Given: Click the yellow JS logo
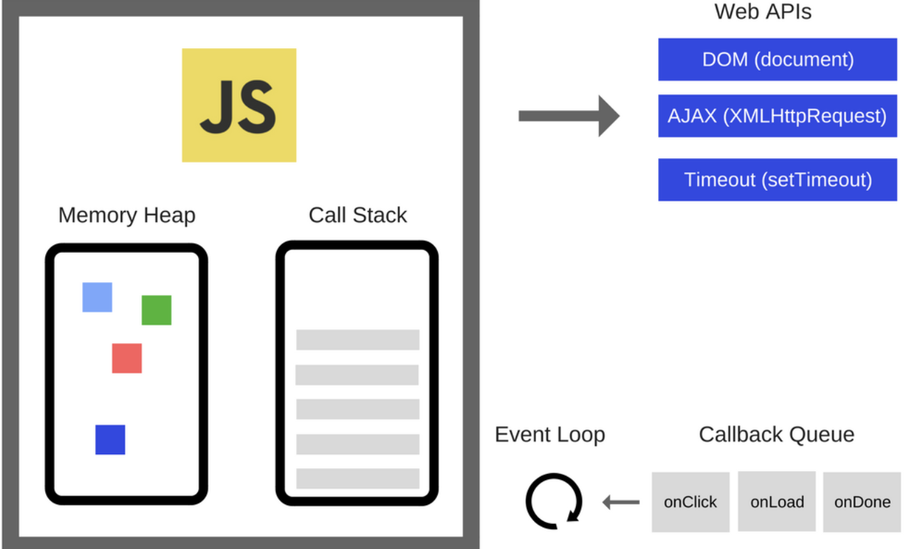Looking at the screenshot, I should point(238,105).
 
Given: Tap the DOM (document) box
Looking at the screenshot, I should point(777,59).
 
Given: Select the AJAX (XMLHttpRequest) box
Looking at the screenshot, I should point(777,116).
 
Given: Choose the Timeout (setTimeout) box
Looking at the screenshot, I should point(777,180).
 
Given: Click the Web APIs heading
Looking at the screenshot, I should point(763,12).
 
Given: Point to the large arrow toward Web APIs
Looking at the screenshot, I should point(568,116).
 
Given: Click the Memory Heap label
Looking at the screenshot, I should point(127,215).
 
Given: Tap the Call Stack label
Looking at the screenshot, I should point(358,215).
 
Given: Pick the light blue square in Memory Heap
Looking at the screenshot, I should point(97,297).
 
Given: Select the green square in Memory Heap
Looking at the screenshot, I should point(156,310).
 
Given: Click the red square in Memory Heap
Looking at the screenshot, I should point(127,358).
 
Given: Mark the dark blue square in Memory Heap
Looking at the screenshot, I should point(110,440).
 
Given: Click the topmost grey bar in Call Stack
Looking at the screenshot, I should point(358,340).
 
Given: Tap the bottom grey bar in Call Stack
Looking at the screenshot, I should point(358,479).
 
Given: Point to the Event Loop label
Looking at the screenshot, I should point(550,435).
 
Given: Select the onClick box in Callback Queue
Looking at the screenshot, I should point(690,502).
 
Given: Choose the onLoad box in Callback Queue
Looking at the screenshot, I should point(777,502).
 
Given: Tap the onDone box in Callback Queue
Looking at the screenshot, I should point(862,502).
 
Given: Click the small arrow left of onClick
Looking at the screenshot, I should point(621,502).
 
